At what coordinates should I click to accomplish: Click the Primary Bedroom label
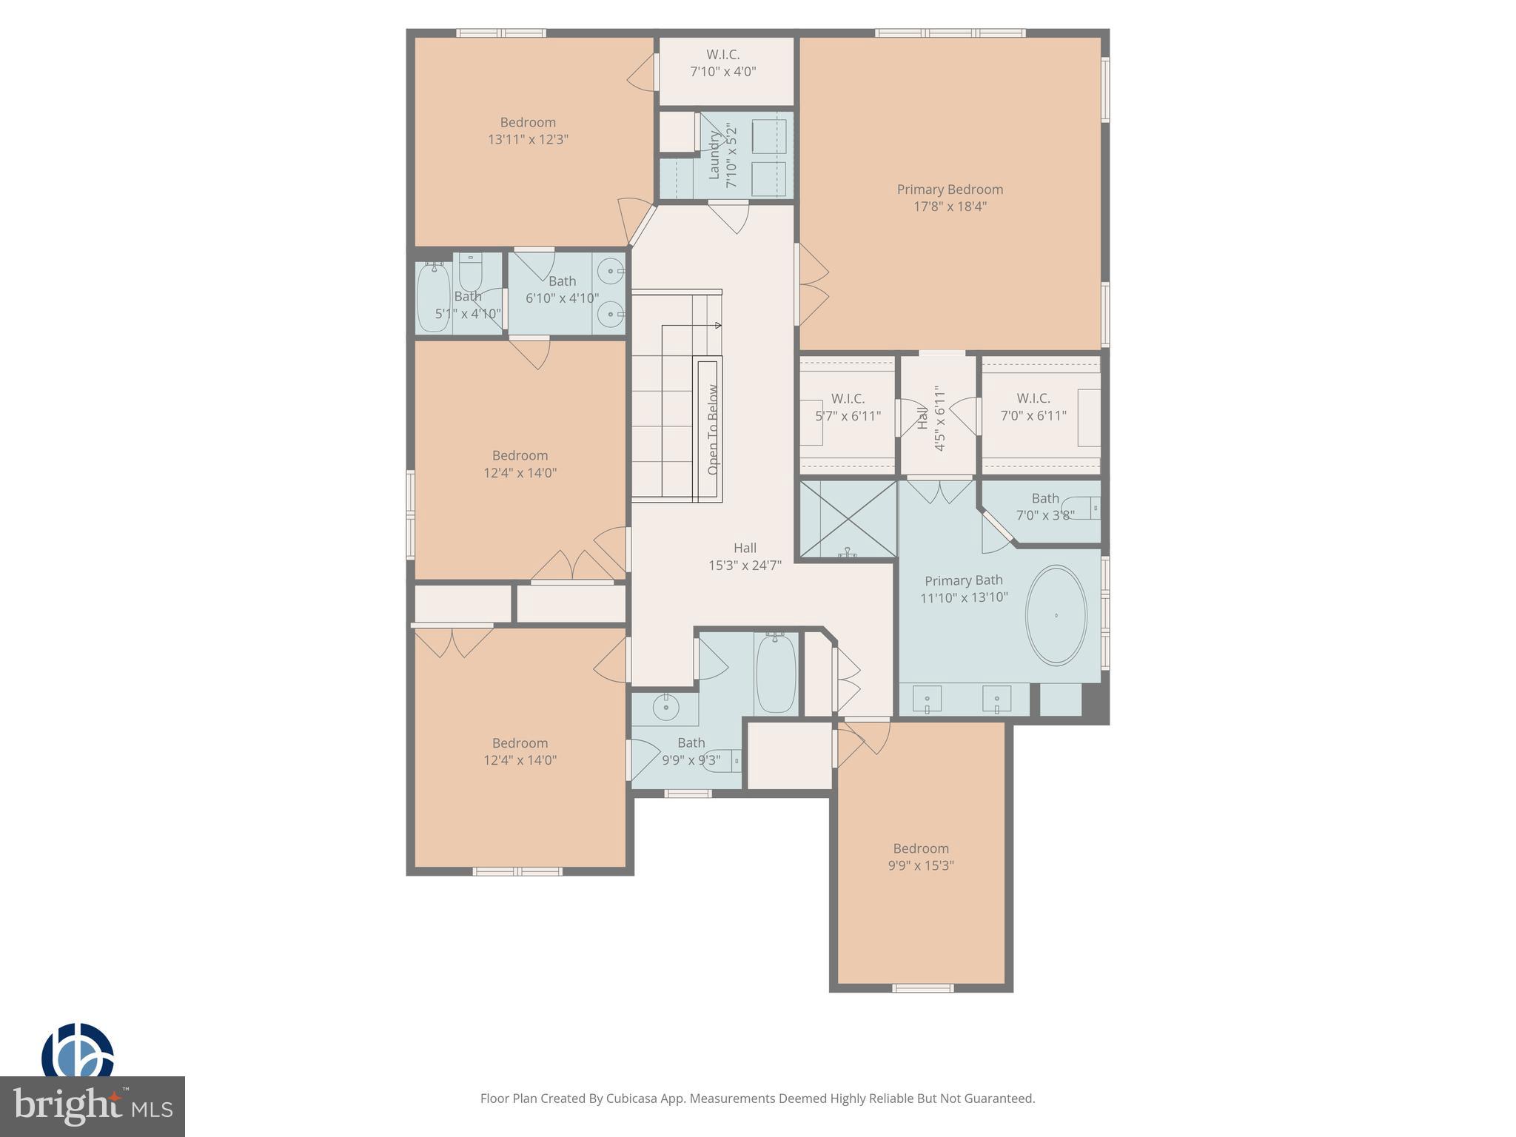[950, 189]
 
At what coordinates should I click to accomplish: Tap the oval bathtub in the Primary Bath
[1056, 614]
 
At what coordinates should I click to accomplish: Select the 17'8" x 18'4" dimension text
[950, 207]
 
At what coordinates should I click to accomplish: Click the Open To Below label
[713, 429]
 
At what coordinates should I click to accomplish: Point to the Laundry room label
[714, 155]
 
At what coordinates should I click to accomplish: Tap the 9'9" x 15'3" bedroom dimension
[920, 865]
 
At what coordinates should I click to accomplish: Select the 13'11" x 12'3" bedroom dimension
[528, 139]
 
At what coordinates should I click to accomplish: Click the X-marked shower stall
[847, 519]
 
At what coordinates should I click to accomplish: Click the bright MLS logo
[93, 1106]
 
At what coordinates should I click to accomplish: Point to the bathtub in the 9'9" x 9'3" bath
[776, 673]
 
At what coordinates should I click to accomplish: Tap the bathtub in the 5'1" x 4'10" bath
[433, 298]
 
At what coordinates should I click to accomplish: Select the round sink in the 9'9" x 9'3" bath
[665, 707]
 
